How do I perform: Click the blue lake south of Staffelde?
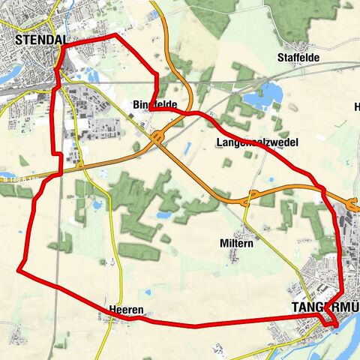[x=269, y=93]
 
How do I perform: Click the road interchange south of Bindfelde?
[x=157, y=137]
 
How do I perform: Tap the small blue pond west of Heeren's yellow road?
[x=97, y=204]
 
